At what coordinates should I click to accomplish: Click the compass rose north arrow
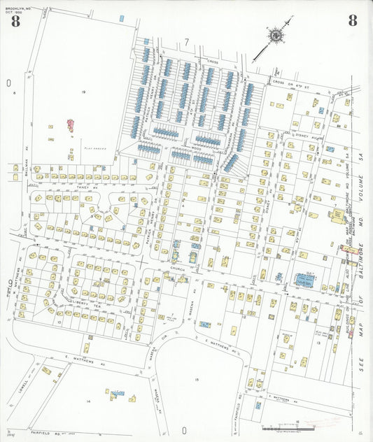click(276, 34)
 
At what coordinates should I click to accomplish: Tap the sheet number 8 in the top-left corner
click(15, 21)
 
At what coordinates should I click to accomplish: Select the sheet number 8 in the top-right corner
click(352, 21)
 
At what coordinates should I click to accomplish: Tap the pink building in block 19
click(71, 127)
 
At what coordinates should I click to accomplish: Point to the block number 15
click(197, 380)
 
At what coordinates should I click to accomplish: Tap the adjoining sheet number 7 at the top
click(187, 43)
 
